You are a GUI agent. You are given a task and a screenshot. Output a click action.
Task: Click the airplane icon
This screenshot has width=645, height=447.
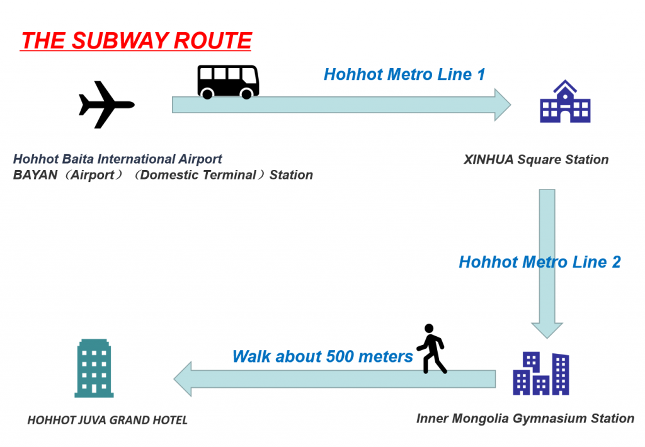click(106, 105)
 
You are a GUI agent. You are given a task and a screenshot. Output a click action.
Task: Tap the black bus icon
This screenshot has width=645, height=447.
click(228, 82)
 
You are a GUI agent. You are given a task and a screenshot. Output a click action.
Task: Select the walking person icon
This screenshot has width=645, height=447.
click(431, 349)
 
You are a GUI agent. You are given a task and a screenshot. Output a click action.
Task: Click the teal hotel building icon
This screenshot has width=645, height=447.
click(94, 368)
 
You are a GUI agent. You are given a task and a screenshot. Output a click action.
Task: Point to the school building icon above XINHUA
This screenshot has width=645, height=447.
click(565, 101)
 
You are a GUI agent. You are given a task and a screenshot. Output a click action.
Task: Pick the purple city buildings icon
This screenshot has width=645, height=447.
click(541, 373)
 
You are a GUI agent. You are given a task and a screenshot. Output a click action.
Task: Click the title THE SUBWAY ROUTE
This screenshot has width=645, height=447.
click(136, 41)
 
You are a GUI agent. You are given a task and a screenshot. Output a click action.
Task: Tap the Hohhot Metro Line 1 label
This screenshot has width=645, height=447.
click(404, 74)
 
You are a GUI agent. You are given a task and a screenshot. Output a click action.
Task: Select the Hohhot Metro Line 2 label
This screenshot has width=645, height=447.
click(540, 262)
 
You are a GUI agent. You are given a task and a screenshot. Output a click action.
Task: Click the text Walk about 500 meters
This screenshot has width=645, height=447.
click(322, 356)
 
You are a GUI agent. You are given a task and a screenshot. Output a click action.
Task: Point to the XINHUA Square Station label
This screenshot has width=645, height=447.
click(536, 159)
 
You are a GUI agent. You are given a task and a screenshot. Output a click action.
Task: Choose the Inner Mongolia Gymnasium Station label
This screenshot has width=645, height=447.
click(525, 419)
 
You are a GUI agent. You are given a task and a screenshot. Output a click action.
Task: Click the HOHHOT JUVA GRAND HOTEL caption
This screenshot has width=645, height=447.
click(107, 420)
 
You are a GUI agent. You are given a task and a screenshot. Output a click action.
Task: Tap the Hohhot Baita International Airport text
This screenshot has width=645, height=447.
click(118, 159)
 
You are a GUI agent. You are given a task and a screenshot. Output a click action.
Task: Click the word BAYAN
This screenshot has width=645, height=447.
click(35, 175)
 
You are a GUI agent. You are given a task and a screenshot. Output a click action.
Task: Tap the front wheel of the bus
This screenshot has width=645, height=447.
click(247, 94)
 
